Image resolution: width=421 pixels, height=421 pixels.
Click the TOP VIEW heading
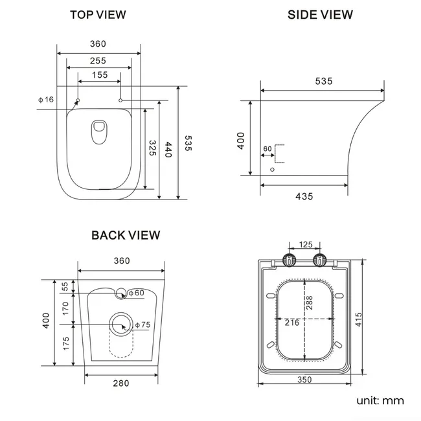[x=98, y=14]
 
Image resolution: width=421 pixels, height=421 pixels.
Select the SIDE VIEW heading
[x=320, y=14]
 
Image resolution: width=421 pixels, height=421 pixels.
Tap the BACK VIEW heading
[x=126, y=235]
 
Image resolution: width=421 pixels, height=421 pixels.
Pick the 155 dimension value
[x=99, y=75]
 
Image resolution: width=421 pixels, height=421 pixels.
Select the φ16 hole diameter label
[x=45, y=99]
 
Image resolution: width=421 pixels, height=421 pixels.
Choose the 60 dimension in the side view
[x=267, y=149]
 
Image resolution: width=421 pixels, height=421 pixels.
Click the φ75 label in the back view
[x=144, y=324]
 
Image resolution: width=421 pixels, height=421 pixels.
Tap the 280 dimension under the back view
[x=120, y=383]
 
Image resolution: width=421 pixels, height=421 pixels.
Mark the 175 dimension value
[x=65, y=344]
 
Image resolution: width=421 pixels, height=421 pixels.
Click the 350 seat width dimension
[x=304, y=380]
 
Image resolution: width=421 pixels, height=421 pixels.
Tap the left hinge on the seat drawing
[x=290, y=260]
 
